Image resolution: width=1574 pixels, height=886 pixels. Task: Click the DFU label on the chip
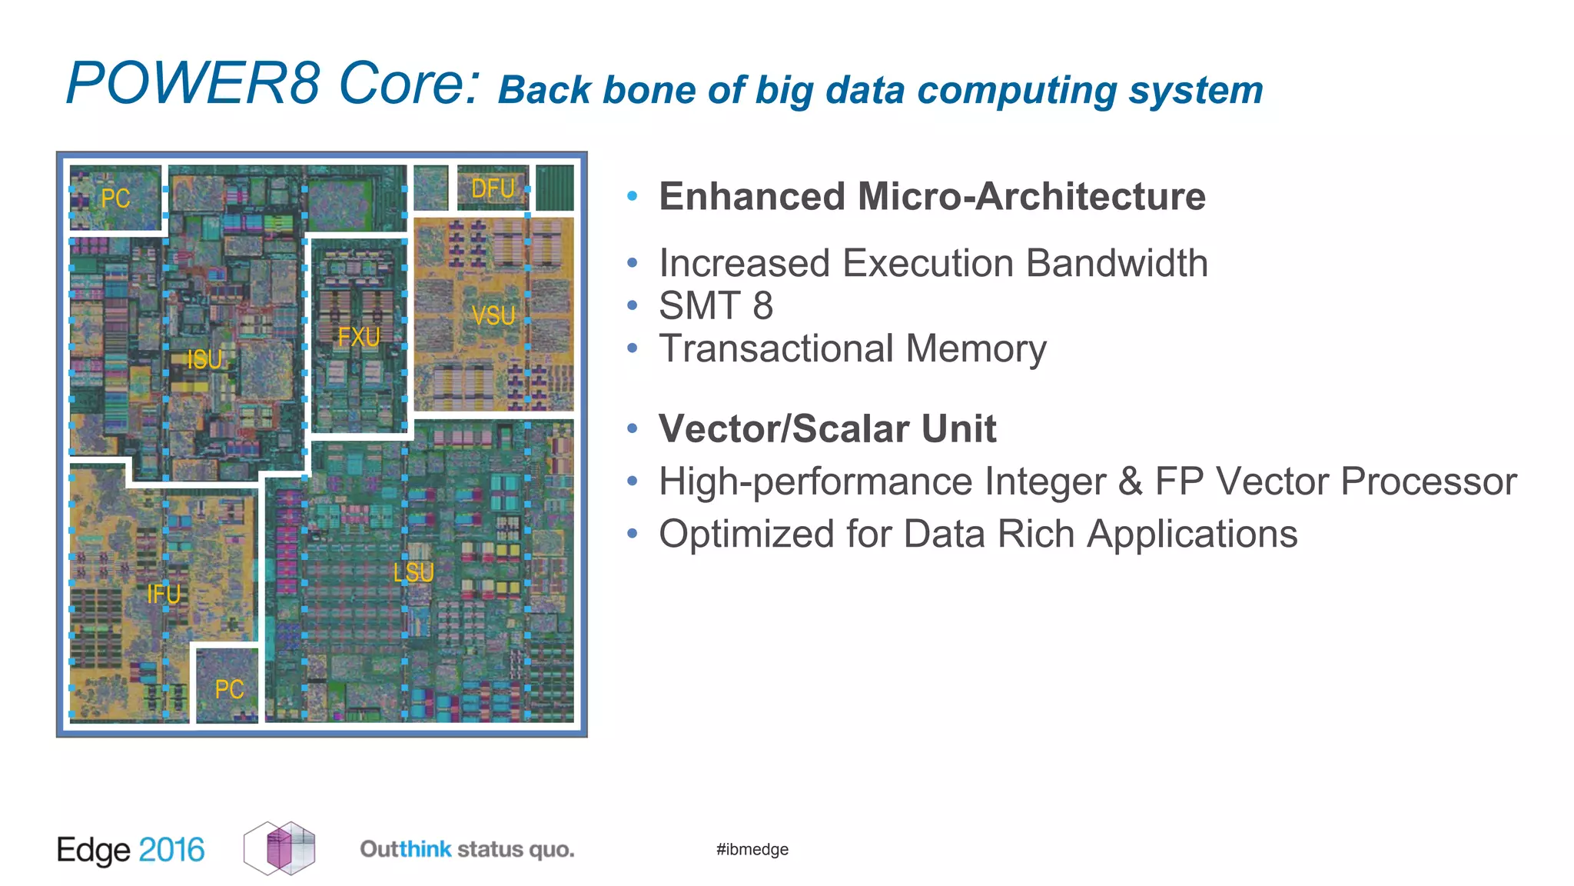(493, 188)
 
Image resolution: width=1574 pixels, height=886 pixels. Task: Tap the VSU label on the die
(493, 315)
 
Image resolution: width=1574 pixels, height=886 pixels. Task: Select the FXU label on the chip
(359, 337)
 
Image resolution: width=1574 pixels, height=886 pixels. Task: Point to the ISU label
(204, 359)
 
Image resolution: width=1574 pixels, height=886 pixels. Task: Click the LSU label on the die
(413, 572)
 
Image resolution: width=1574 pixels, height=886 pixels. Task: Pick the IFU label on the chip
(164, 594)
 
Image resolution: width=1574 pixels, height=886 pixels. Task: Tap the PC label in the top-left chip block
(115, 198)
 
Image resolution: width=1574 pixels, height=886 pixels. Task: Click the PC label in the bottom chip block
(229, 689)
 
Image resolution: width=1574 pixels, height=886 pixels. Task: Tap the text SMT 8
(716, 305)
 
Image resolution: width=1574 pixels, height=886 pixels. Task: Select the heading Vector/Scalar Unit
(827, 428)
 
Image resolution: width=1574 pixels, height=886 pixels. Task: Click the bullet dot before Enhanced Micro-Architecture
(632, 196)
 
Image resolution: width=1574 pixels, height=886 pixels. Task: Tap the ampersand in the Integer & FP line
(1129, 481)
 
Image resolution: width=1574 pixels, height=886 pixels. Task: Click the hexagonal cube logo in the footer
(280, 848)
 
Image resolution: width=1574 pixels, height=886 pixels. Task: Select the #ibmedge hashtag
(752, 849)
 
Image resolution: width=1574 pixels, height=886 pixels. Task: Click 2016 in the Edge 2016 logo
(171, 850)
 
